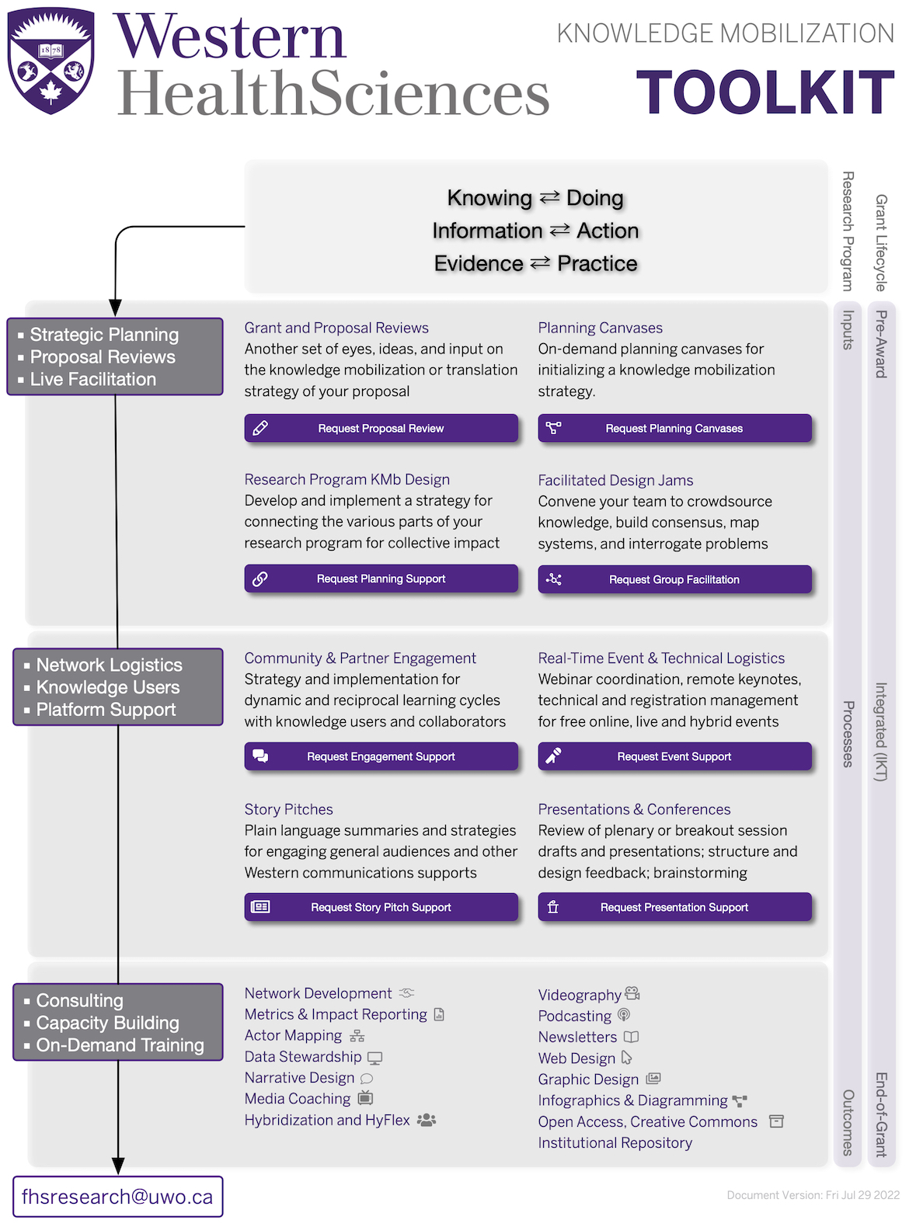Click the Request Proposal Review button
coord(381,428)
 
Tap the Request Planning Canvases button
coord(674,428)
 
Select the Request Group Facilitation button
coord(674,579)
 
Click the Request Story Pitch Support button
coord(381,907)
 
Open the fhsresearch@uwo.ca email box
coord(117,1197)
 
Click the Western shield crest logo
coord(50,61)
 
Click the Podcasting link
coord(575,1016)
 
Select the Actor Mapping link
coord(293,1035)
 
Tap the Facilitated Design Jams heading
coord(615,480)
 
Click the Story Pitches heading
coord(288,809)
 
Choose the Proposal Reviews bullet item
coord(103,357)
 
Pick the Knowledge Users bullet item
coord(108,687)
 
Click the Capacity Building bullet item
coord(108,1023)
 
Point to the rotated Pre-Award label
coord(881,344)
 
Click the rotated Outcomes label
coord(848,1122)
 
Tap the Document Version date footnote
coord(813,1195)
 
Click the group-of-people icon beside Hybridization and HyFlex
coord(427,1120)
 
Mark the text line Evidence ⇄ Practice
coord(535,264)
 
